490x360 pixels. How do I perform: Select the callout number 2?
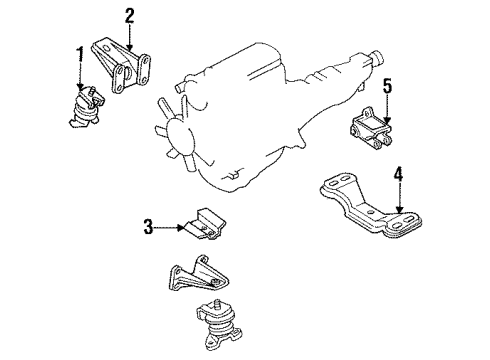(130, 16)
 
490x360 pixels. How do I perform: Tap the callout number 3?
(148, 227)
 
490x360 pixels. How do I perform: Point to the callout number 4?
(398, 175)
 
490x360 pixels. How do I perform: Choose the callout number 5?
(387, 86)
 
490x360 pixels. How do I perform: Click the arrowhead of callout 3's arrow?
(180, 228)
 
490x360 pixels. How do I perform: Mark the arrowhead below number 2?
(130, 47)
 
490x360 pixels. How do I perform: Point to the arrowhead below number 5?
(387, 120)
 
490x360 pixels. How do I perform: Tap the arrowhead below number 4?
(400, 209)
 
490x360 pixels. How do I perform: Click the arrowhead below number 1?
(80, 86)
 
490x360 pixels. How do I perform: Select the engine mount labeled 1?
(86, 107)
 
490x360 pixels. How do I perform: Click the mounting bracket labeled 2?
(121, 66)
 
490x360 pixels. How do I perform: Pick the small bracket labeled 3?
(205, 224)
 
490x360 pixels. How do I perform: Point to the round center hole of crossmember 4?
(371, 212)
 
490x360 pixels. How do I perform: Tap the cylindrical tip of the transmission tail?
(378, 58)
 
